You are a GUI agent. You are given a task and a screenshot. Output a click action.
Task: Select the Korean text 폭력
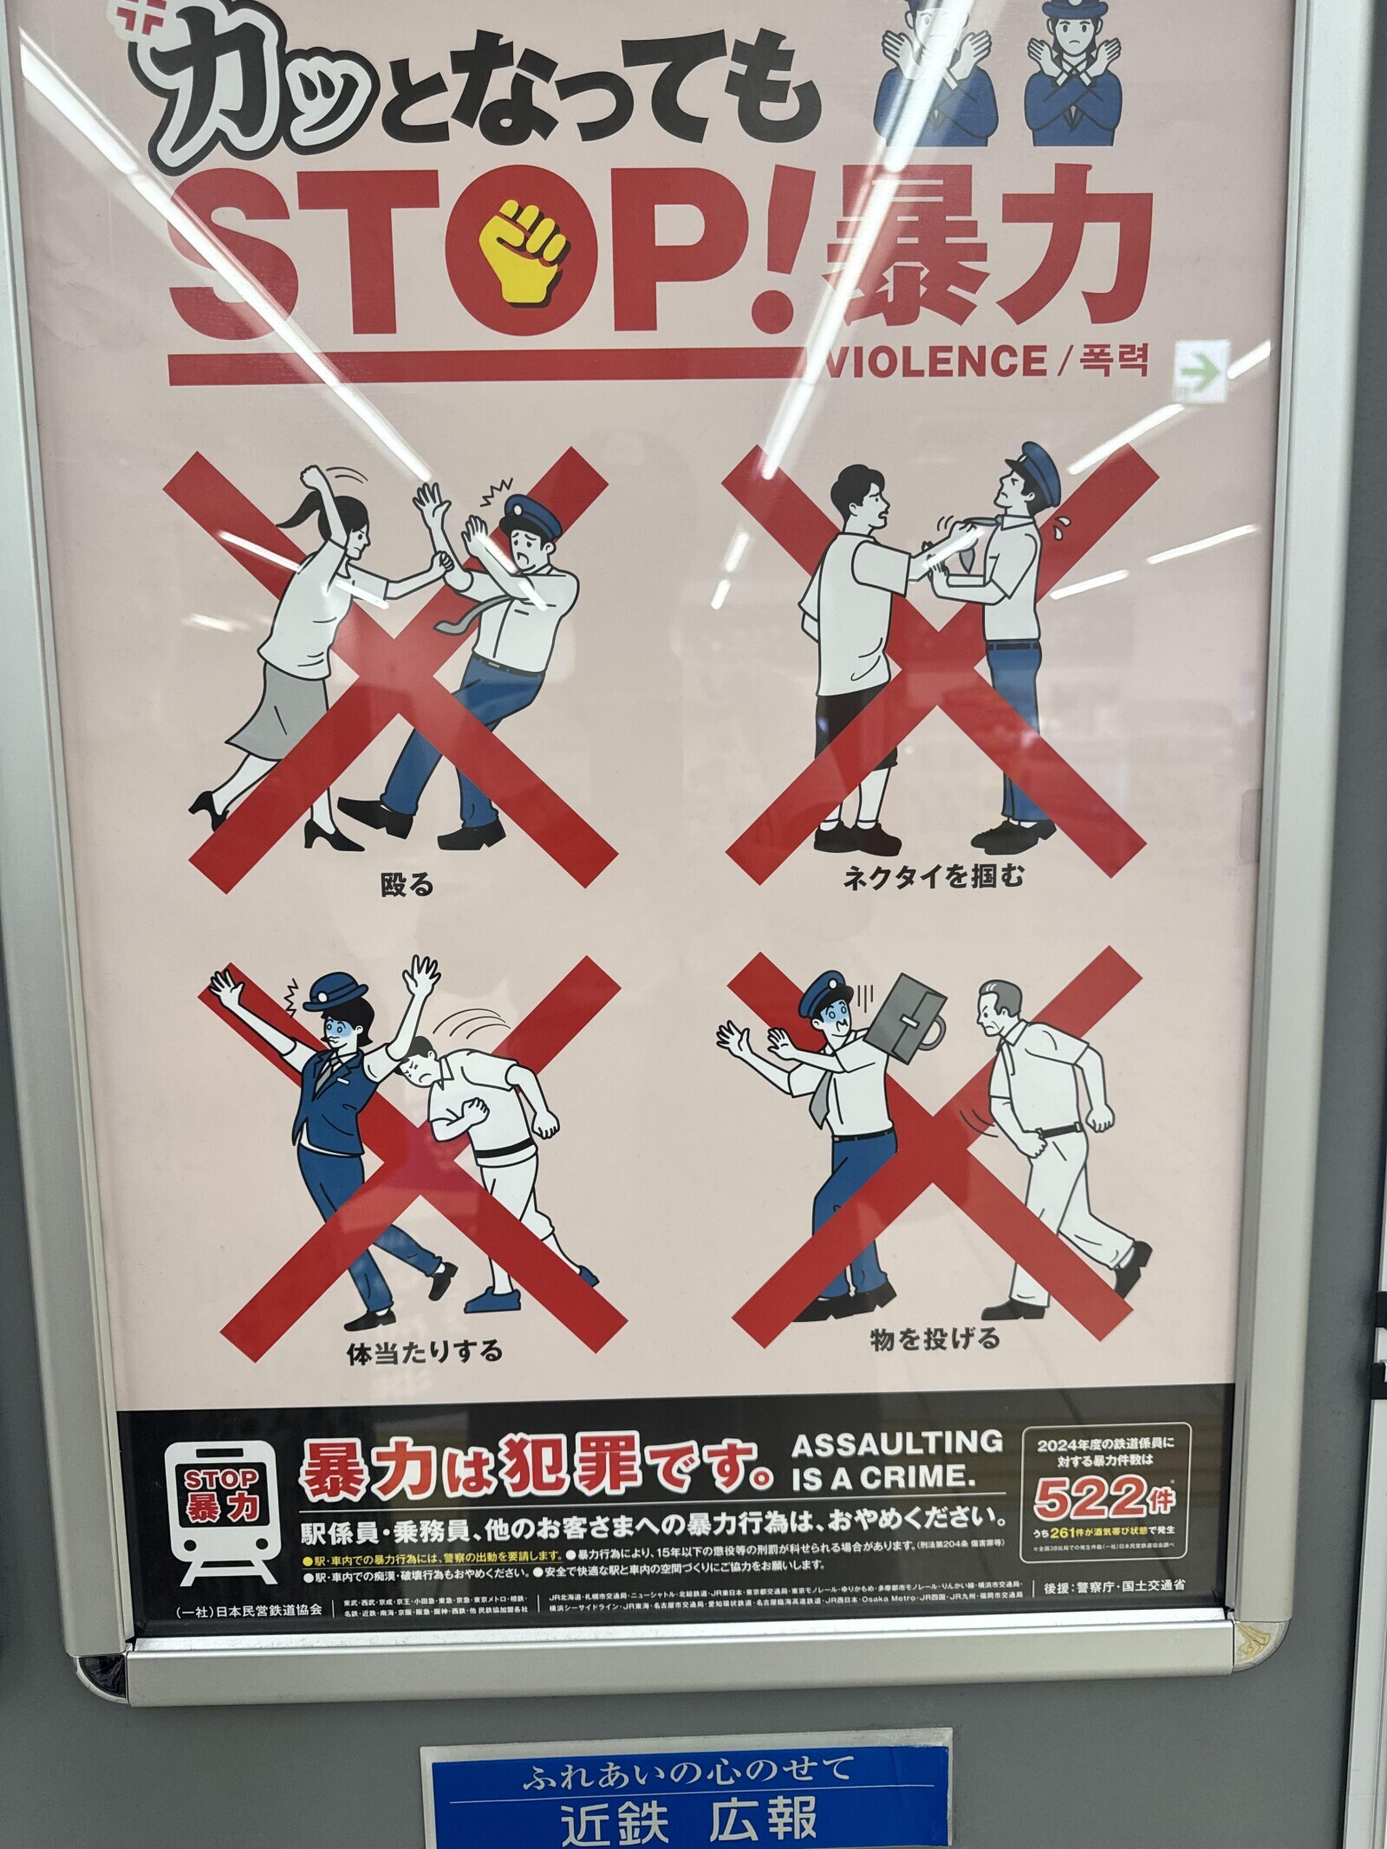1114,360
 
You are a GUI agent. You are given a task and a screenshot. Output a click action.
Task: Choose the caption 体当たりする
424,1351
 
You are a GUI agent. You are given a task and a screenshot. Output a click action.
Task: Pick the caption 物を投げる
934,1339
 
